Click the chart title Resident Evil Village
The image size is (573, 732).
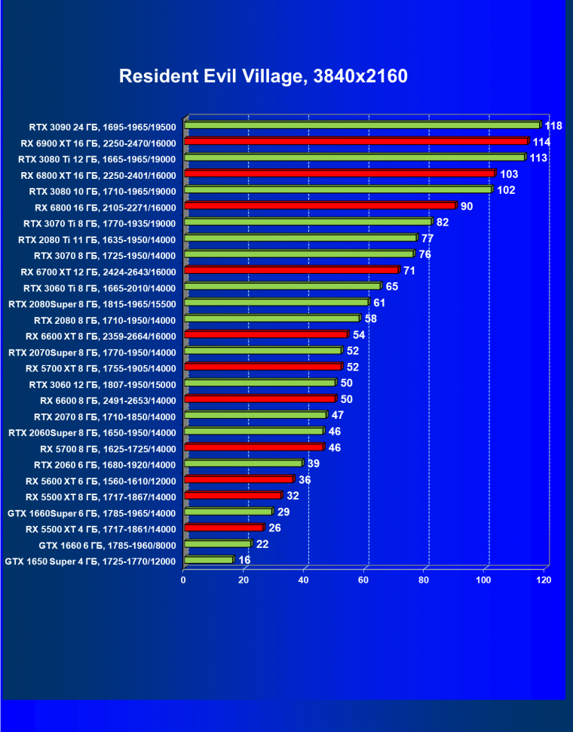click(x=263, y=77)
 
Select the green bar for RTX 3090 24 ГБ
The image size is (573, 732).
click(x=362, y=125)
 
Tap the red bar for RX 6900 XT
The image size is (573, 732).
click(x=356, y=141)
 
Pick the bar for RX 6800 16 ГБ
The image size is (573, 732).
click(x=320, y=205)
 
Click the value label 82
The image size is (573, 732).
click(x=443, y=222)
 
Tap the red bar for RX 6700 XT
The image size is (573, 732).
click(x=291, y=269)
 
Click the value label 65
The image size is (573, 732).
click(x=391, y=286)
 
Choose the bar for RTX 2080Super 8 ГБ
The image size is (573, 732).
click(x=276, y=302)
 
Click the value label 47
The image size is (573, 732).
click(x=338, y=415)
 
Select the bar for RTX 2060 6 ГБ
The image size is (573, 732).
click(x=243, y=463)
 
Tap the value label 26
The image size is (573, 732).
click(x=274, y=527)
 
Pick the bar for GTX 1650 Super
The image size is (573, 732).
click(x=208, y=560)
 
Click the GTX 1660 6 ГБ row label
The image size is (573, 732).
click(x=107, y=545)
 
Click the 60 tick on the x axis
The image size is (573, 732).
click(x=363, y=580)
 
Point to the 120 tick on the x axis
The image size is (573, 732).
click(x=544, y=580)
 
